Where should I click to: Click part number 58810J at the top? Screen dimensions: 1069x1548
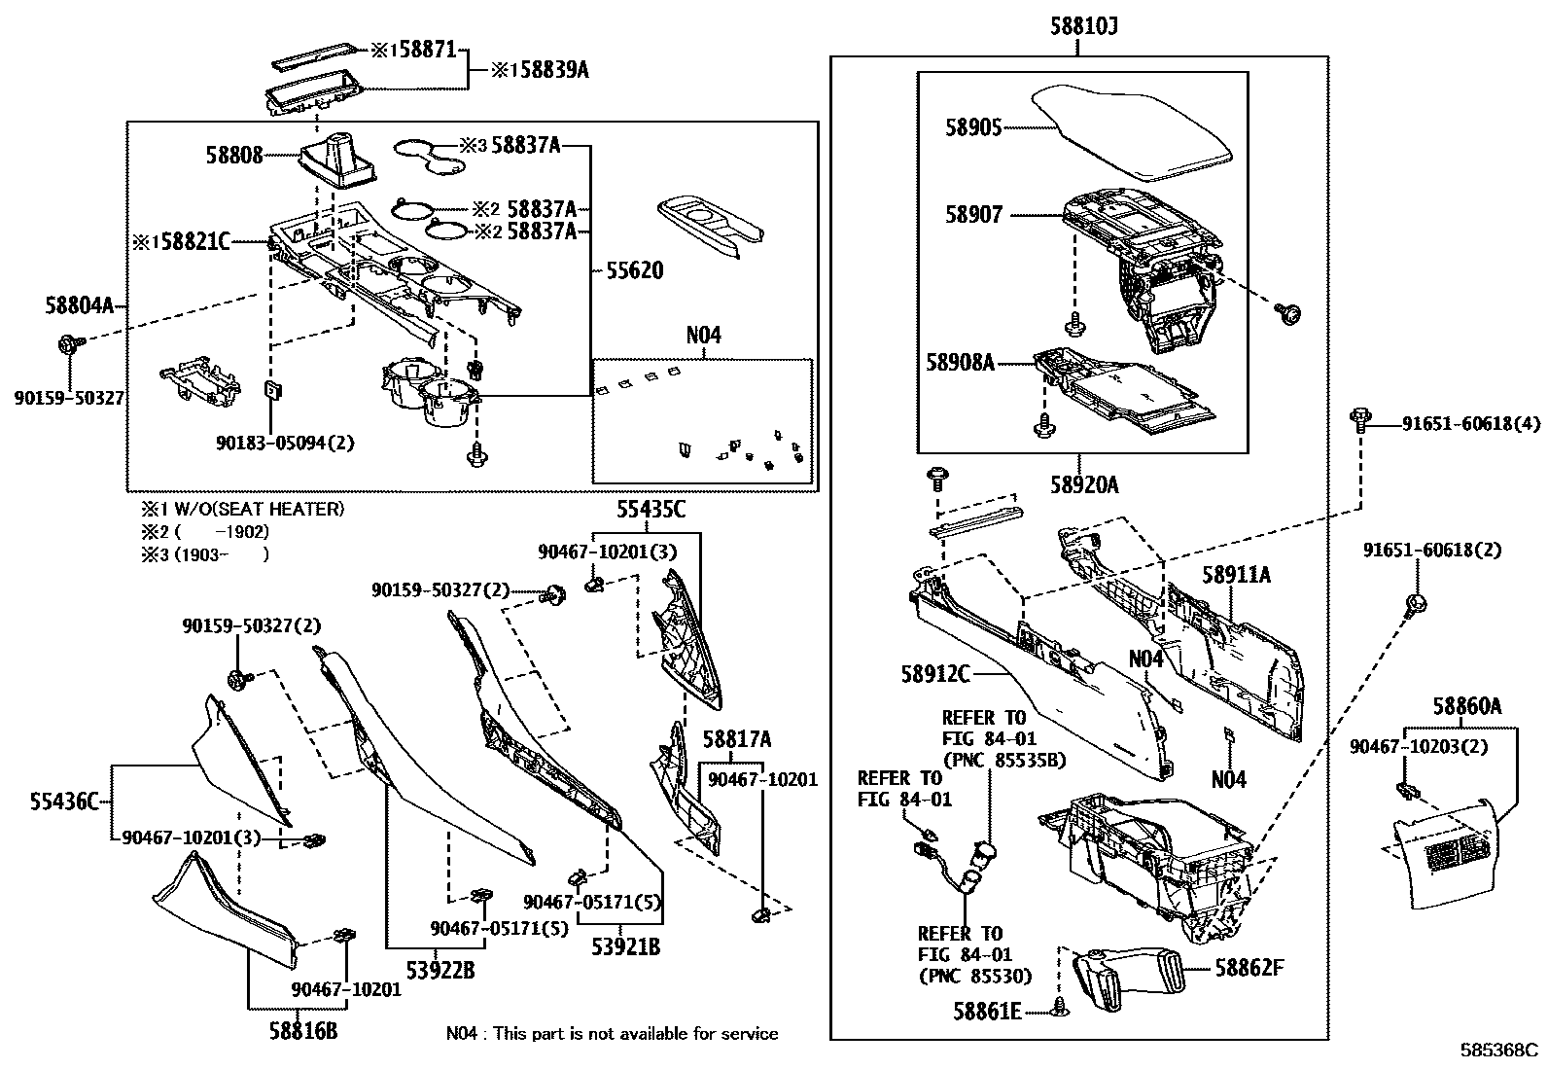tap(1082, 26)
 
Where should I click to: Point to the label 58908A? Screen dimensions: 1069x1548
tap(960, 363)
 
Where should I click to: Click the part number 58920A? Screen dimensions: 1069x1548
tap(1082, 483)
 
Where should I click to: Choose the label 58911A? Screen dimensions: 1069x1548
tap(1235, 574)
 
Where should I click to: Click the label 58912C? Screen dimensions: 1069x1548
tap(935, 673)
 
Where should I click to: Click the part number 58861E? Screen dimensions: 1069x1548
tap(986, 1012)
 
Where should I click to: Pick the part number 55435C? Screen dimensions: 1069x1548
tap(651, 509)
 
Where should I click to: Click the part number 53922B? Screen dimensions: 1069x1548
tap(440, 970)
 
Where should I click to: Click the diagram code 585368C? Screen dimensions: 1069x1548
tap(1498, 1051)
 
